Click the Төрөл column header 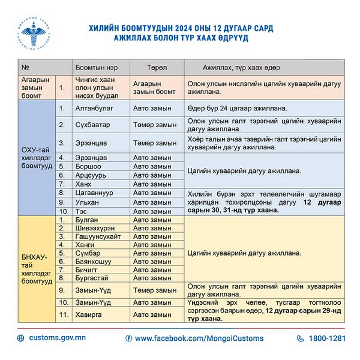pos(157,67)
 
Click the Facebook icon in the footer pos(129,338)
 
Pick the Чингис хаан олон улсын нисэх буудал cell pos(100,87)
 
